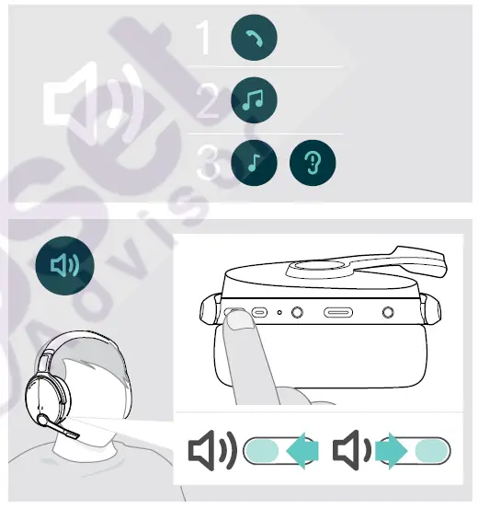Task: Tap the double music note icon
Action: (x=252, y=100)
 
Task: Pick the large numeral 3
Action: (x=209, y=167)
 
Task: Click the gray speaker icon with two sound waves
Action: (x=212, y=450)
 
